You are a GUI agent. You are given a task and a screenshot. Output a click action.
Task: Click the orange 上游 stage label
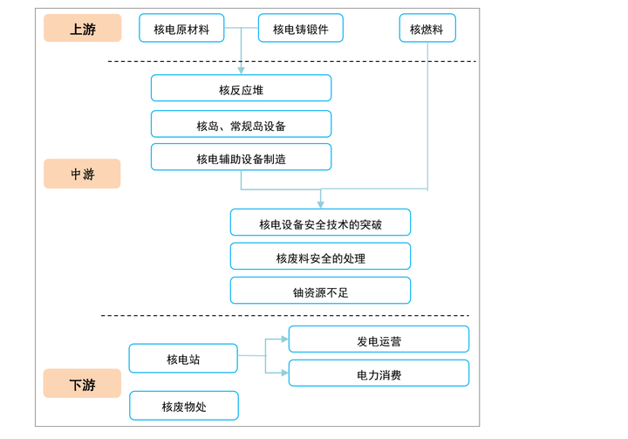click(82, 28)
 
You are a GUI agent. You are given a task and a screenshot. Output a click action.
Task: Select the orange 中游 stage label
click(82, 174)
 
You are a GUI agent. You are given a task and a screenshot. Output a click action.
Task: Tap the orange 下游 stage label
click(82, 384)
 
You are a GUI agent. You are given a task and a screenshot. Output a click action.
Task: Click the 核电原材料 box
click(181, 28)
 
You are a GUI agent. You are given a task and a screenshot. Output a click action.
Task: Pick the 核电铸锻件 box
click(300, 28)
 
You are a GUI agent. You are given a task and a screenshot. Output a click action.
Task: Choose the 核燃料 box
click(427, 28)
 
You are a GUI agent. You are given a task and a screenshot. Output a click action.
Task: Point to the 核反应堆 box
click(241, 88)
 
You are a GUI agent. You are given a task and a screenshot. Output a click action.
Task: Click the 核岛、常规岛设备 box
click(241, 124)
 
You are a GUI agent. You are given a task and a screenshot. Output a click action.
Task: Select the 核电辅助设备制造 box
click(241, 157)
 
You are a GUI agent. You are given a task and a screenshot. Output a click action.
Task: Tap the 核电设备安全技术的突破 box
click(320, 223)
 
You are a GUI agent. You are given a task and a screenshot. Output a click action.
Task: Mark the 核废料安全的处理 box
click(320, 257)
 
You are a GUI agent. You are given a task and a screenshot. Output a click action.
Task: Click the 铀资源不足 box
click(320, 291)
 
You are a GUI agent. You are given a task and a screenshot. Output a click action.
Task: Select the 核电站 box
click(183, 359)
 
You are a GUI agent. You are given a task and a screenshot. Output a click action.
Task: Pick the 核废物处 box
click(183, 406)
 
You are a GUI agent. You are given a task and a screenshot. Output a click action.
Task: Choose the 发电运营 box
click(379, 340)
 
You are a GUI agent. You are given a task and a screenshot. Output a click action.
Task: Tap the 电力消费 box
click(379, 374)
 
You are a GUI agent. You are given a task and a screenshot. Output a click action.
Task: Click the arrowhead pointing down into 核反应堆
click(241, 70)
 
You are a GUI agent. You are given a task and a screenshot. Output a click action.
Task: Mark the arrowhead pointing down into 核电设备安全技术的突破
click(320, 204)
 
